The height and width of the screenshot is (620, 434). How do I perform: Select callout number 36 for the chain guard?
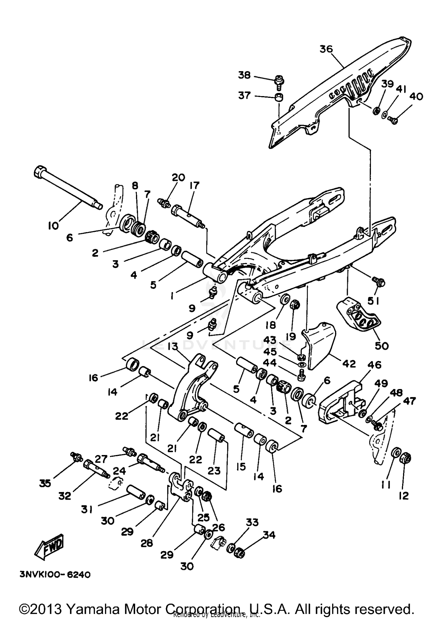(x=326, y=49)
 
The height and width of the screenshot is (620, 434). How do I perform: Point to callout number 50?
(x=381, y=346)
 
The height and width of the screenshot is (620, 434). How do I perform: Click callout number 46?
(x=374, y=365)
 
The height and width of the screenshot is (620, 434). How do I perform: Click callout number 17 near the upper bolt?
(x=194, y=186)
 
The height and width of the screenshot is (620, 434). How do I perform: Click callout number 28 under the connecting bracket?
(x=147, y=543)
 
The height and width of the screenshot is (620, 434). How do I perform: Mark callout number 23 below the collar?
(x=214, y=471)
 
